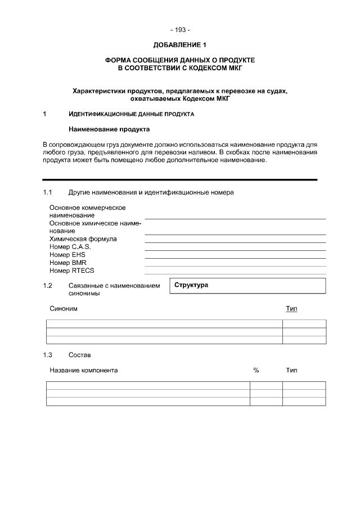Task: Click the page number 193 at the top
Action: [x=180, y=30]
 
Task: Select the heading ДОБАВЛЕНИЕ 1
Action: [x=180, y=44]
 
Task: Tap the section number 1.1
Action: [x=48, y=192]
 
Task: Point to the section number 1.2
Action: [x=48, y=286]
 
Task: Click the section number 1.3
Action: [x=48, y=355]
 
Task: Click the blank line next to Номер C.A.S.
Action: [x=235, y=249]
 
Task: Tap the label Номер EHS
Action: [x=67, y=255]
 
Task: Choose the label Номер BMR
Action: [x=67, y=263]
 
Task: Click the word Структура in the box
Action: [x=191, y=285]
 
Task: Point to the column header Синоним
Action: [x=64, y=309]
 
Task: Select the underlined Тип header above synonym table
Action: [x=291, y=309]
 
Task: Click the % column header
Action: [x=256, y=371]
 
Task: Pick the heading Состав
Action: [x=79, y=355]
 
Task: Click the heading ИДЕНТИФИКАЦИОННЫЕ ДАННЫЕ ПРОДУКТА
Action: [x=131, y=115]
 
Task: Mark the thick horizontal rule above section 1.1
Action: [x=180, y=179]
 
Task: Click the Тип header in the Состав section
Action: [x=291, y=371]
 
